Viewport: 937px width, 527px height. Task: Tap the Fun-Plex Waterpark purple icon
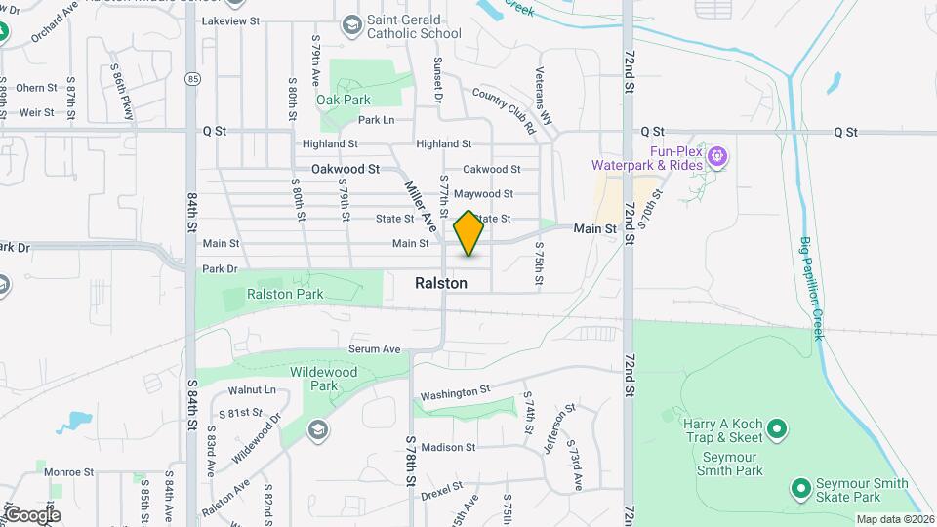(x=717, y=154)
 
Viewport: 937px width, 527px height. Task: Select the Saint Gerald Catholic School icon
(x=351, y=24)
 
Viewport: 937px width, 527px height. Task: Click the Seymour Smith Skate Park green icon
(x=800, y=486)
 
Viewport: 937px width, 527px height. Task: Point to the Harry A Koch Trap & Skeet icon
(x=776, y=427)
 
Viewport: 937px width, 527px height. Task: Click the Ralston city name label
(x=440, y=283)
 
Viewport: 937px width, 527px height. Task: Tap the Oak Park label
(x=343, y=100)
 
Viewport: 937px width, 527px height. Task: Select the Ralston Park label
(x=284, y=293)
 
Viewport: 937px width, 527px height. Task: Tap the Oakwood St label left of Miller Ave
(x=345, y=169)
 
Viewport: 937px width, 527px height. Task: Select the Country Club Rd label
(x=504, y=109)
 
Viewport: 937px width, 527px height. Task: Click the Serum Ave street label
(x=375, y=348)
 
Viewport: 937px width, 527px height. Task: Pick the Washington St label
(x=454, y=391)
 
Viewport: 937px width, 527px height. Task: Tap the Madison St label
(x=448, y=448)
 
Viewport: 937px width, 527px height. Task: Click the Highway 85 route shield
(x=191, y=78)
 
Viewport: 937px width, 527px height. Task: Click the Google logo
(x=31, y=514)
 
